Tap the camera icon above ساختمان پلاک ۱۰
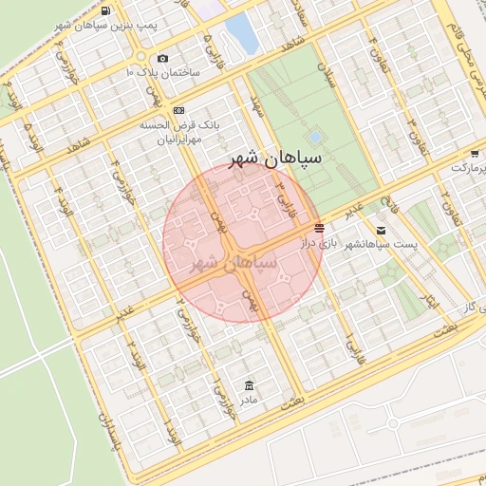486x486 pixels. pos(163,59)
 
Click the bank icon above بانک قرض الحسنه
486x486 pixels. pos(179,111)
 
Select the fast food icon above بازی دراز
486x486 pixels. pos(318,228)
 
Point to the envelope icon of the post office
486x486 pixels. pos(381,230)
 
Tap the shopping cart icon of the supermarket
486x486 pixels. pos(474,153)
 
